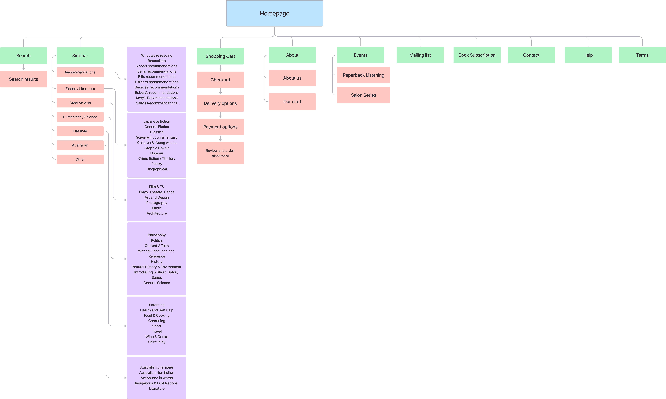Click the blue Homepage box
coord(275,13)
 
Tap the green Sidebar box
coord(80,56)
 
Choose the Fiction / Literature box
coord(80,89)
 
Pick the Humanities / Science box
coord(80,117)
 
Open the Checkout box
coord(220,80)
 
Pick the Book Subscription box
coord(477,55)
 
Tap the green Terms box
coord(642,55)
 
